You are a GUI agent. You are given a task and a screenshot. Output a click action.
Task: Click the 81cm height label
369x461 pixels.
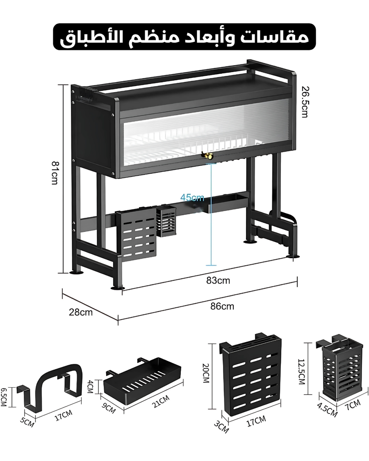[55, 172]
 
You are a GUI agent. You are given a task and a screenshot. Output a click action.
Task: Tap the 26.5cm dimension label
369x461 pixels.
[304, 102]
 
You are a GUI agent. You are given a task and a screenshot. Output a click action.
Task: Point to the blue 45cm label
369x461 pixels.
[192, 198]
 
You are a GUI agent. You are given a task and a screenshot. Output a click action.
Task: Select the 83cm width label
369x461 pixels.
[218, 281]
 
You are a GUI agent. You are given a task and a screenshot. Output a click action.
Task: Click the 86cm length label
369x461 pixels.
[222, 306]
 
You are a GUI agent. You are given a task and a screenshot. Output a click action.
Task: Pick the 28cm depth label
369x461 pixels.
[81, 312]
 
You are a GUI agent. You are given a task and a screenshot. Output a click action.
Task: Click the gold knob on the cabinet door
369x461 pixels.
[207, 156]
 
